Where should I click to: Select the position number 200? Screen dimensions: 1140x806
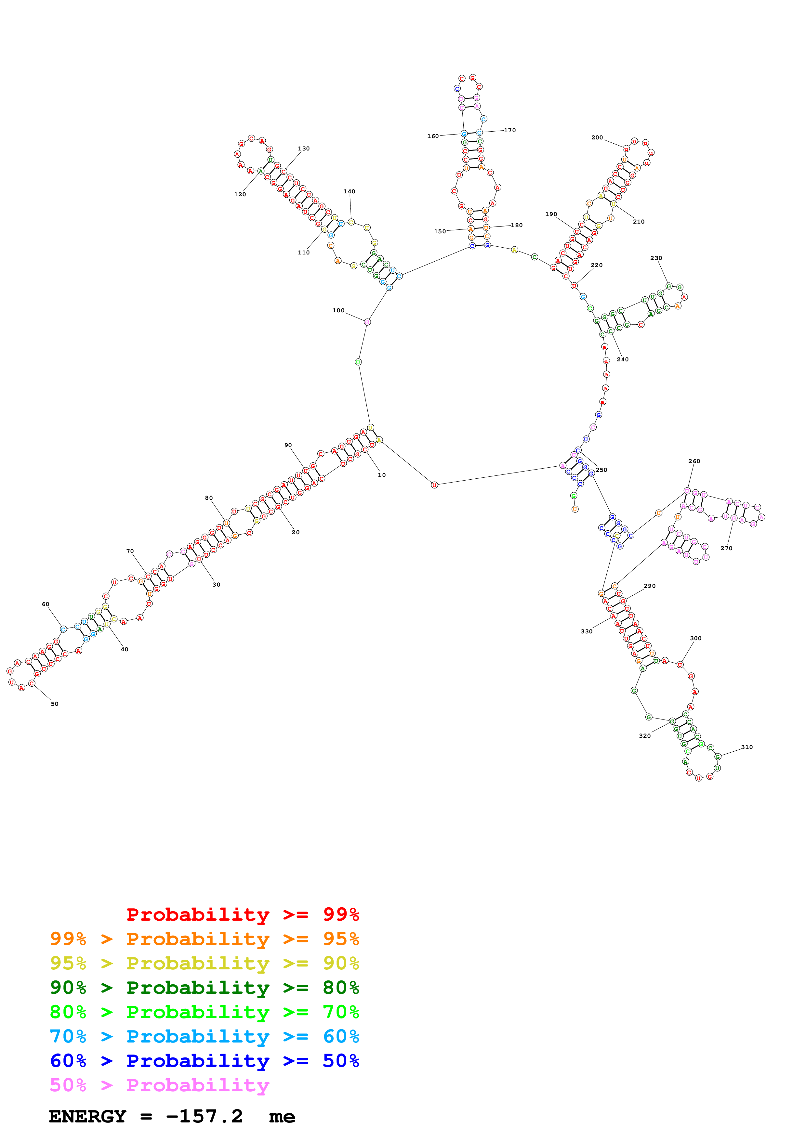(x=597, y=137)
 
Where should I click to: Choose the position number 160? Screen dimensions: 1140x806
(x=433, y=136)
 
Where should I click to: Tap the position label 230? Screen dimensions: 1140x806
(x=656, y=258)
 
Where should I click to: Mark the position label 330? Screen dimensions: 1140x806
(x=587, y=631)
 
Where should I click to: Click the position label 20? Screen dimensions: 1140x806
(x=296, y=532)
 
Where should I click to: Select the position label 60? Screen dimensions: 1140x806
(x=46, y=604)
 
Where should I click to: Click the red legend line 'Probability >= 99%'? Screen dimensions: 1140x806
(x=242, y=914)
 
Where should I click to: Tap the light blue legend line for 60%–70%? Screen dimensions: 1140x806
(x=204, y=1037)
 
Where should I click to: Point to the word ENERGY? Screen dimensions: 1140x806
(x=87, y=1117)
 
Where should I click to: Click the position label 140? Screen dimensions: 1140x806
(x=349, y=192)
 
